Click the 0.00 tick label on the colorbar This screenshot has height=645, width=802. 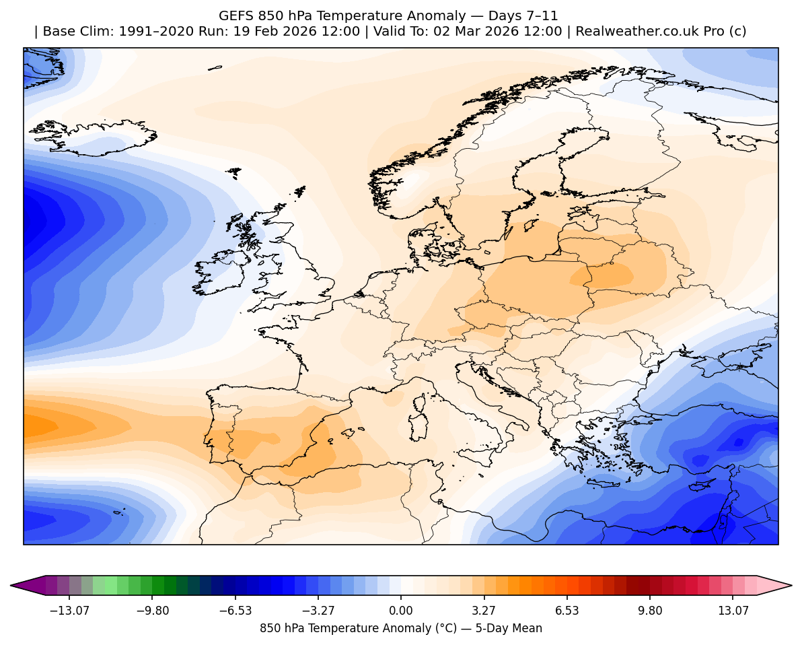[401, 611]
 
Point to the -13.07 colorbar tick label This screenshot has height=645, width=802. [71, 611]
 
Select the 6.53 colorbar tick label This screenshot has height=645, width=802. [567, 611]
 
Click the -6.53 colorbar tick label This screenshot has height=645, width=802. [236, 611]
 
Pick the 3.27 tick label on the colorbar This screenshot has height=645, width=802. [484, 611]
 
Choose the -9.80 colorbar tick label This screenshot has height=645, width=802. [153, 611]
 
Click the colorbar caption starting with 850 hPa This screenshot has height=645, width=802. [400, 628]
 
